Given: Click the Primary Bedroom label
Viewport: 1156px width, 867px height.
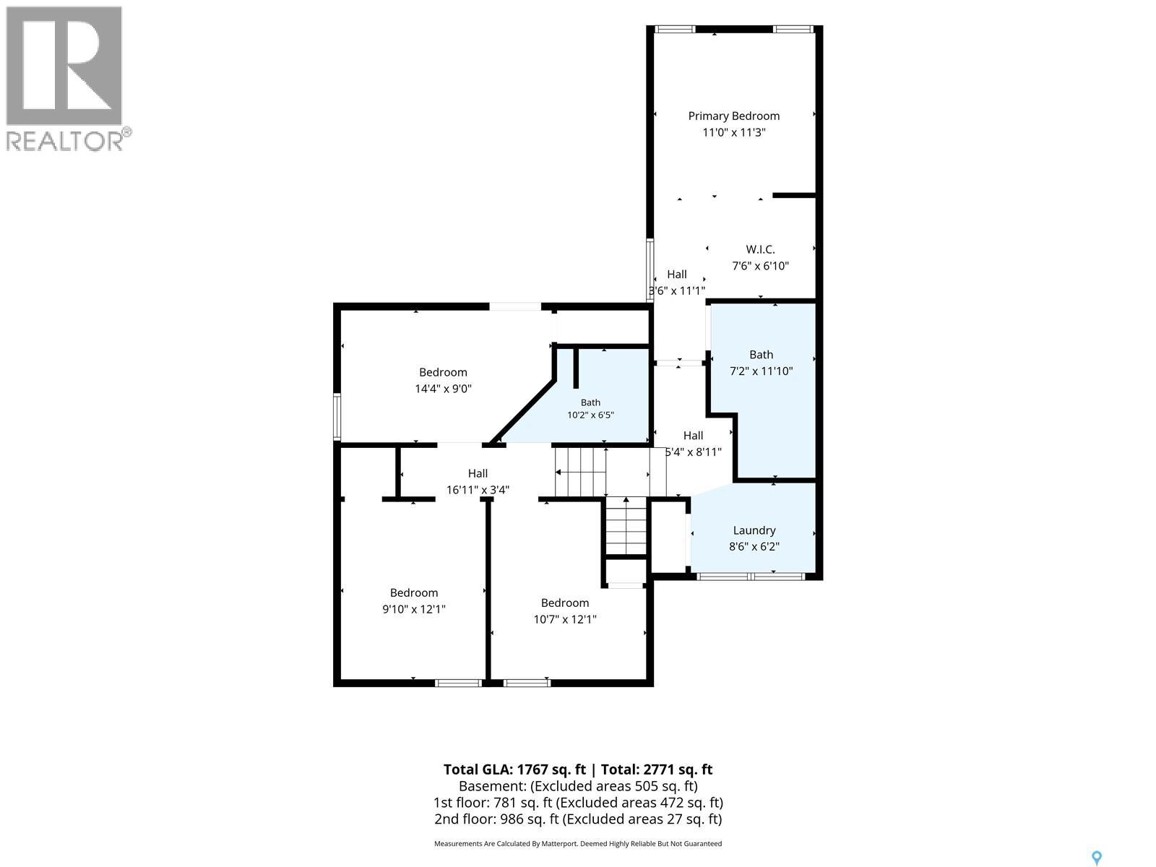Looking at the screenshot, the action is point(733,116).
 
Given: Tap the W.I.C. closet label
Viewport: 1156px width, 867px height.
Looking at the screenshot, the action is point(760,249).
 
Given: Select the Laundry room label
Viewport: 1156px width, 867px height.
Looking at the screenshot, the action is point(754,530).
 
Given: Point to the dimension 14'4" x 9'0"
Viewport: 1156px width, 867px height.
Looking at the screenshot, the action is point(443,389).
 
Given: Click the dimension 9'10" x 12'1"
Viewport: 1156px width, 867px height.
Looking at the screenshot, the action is point(414,609).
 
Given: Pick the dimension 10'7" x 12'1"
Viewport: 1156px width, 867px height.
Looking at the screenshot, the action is point(565,619).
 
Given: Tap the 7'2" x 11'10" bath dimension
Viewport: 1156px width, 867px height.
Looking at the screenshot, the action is point(761,371).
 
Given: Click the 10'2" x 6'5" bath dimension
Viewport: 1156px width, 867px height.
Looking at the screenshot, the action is point(590,415).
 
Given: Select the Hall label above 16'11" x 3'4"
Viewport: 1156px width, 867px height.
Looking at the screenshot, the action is point(478,473).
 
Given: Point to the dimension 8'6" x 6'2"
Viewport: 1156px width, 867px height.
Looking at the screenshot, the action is point(754,546).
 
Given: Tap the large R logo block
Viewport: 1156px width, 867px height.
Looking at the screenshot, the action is point(64,65).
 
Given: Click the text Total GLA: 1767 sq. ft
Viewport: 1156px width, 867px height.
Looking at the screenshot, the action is point(514,769).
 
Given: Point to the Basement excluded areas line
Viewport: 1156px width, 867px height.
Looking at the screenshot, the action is point(578,786).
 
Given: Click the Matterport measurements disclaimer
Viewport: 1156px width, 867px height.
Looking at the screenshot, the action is point(578,844).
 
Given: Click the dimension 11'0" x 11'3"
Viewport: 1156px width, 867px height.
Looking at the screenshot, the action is point(733,132).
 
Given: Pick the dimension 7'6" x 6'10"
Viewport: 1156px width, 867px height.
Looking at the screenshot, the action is point(760,266).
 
